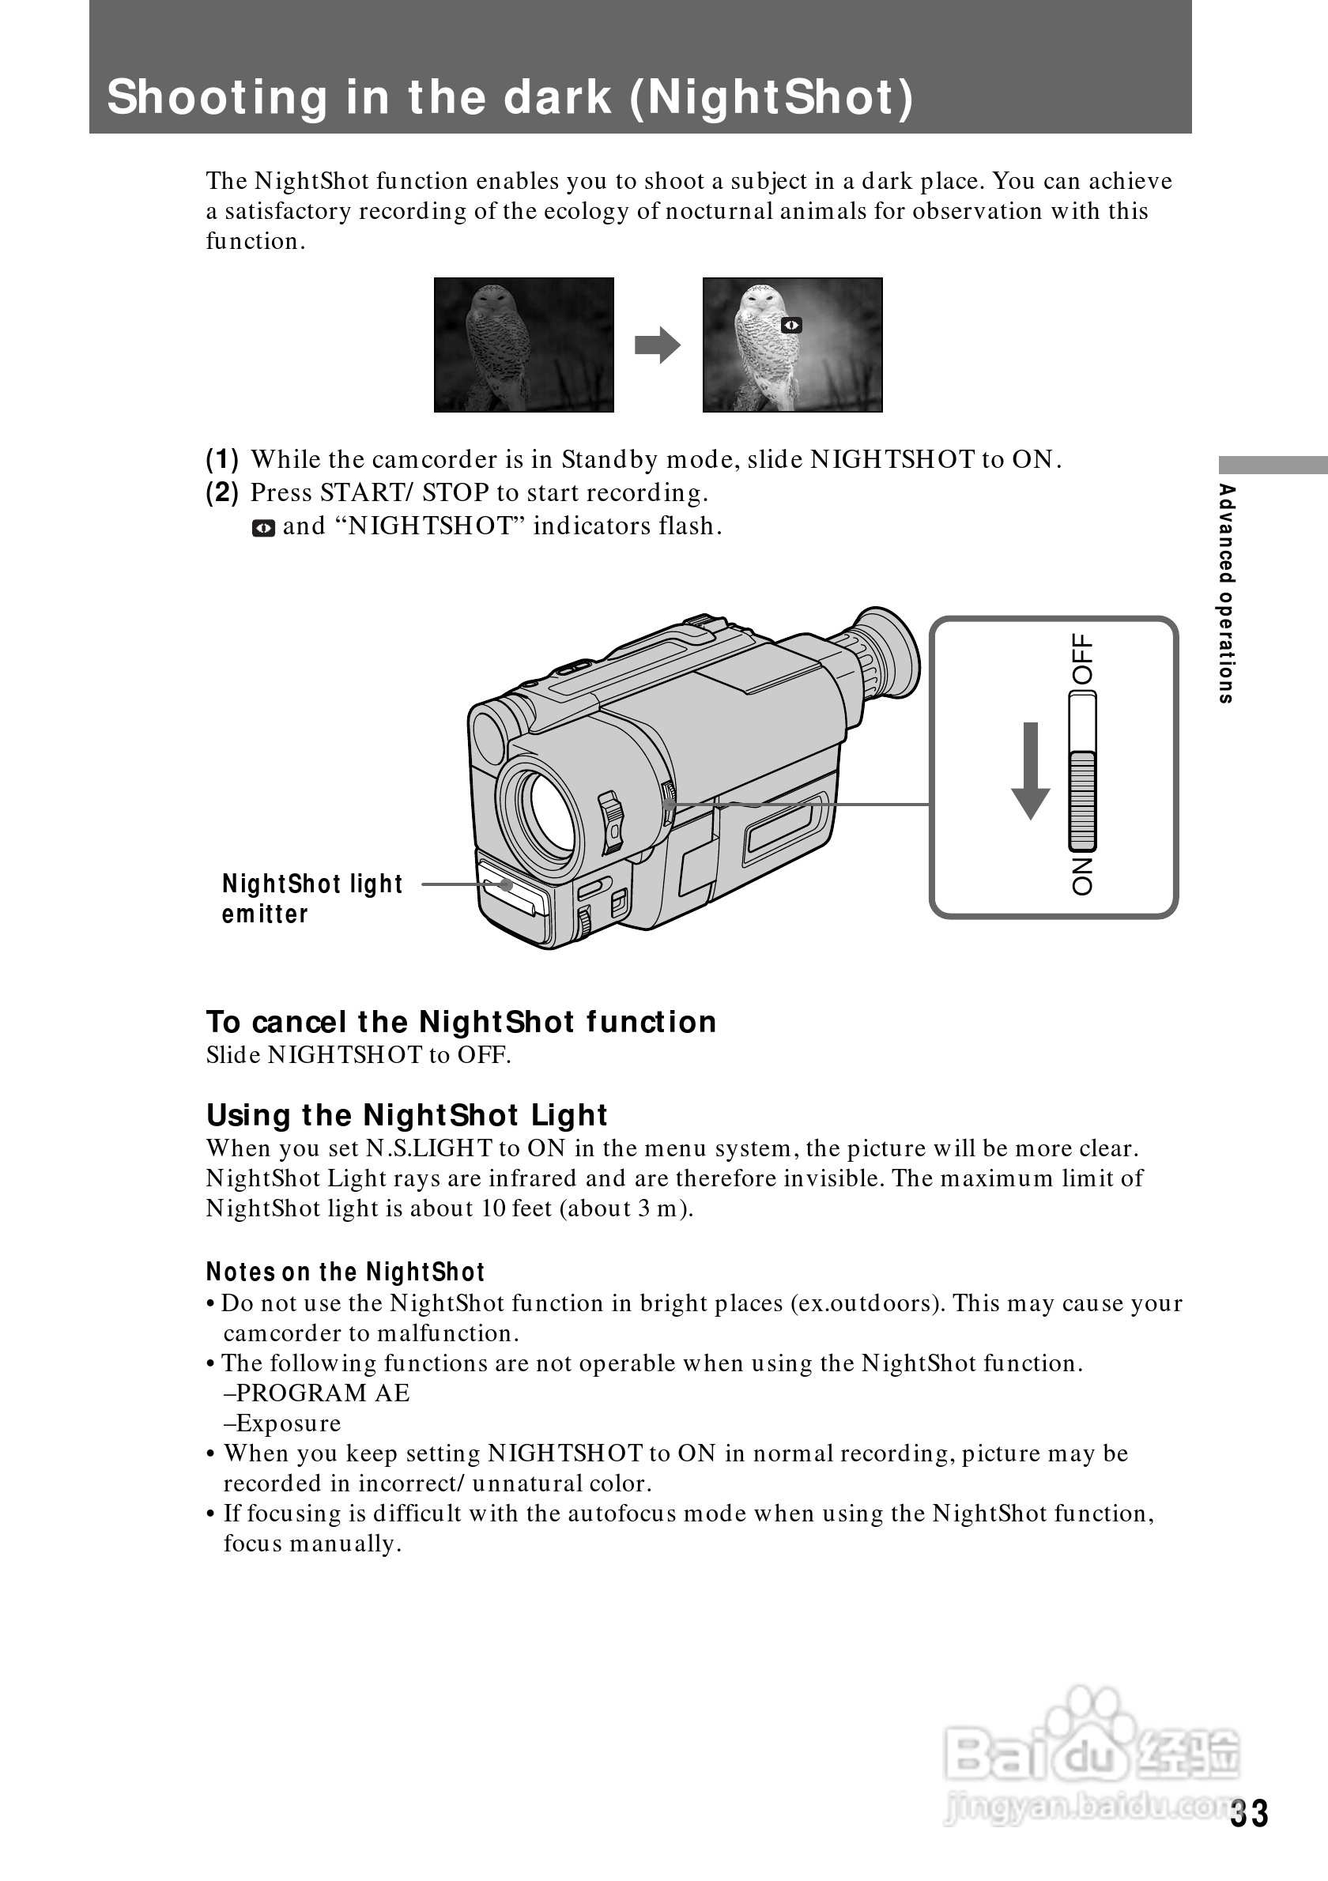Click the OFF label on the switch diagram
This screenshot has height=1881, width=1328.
(1082, 659)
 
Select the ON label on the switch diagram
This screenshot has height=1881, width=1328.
(1082, 876)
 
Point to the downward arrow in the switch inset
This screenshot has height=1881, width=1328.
(1031, 770)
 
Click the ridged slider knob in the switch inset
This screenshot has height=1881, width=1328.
(1082, 801)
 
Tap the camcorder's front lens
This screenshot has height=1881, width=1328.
(545, 809)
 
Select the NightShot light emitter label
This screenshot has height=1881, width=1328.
(312, 899)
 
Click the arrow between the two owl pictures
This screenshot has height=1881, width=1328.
(657, 345)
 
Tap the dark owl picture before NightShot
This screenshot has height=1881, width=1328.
(523, 345)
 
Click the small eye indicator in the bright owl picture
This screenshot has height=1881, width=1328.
(791, 326)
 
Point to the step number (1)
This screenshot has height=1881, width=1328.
(222, 460)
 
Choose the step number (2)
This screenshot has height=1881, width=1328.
(222, 492)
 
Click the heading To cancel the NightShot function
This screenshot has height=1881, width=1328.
(461, 1023)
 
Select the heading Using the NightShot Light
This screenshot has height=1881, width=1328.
(406, 1115)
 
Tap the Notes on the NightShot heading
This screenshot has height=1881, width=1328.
(345, 1272)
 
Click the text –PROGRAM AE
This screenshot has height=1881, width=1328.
(316, 1393)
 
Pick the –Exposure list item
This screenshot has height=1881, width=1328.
(282, 1424)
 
